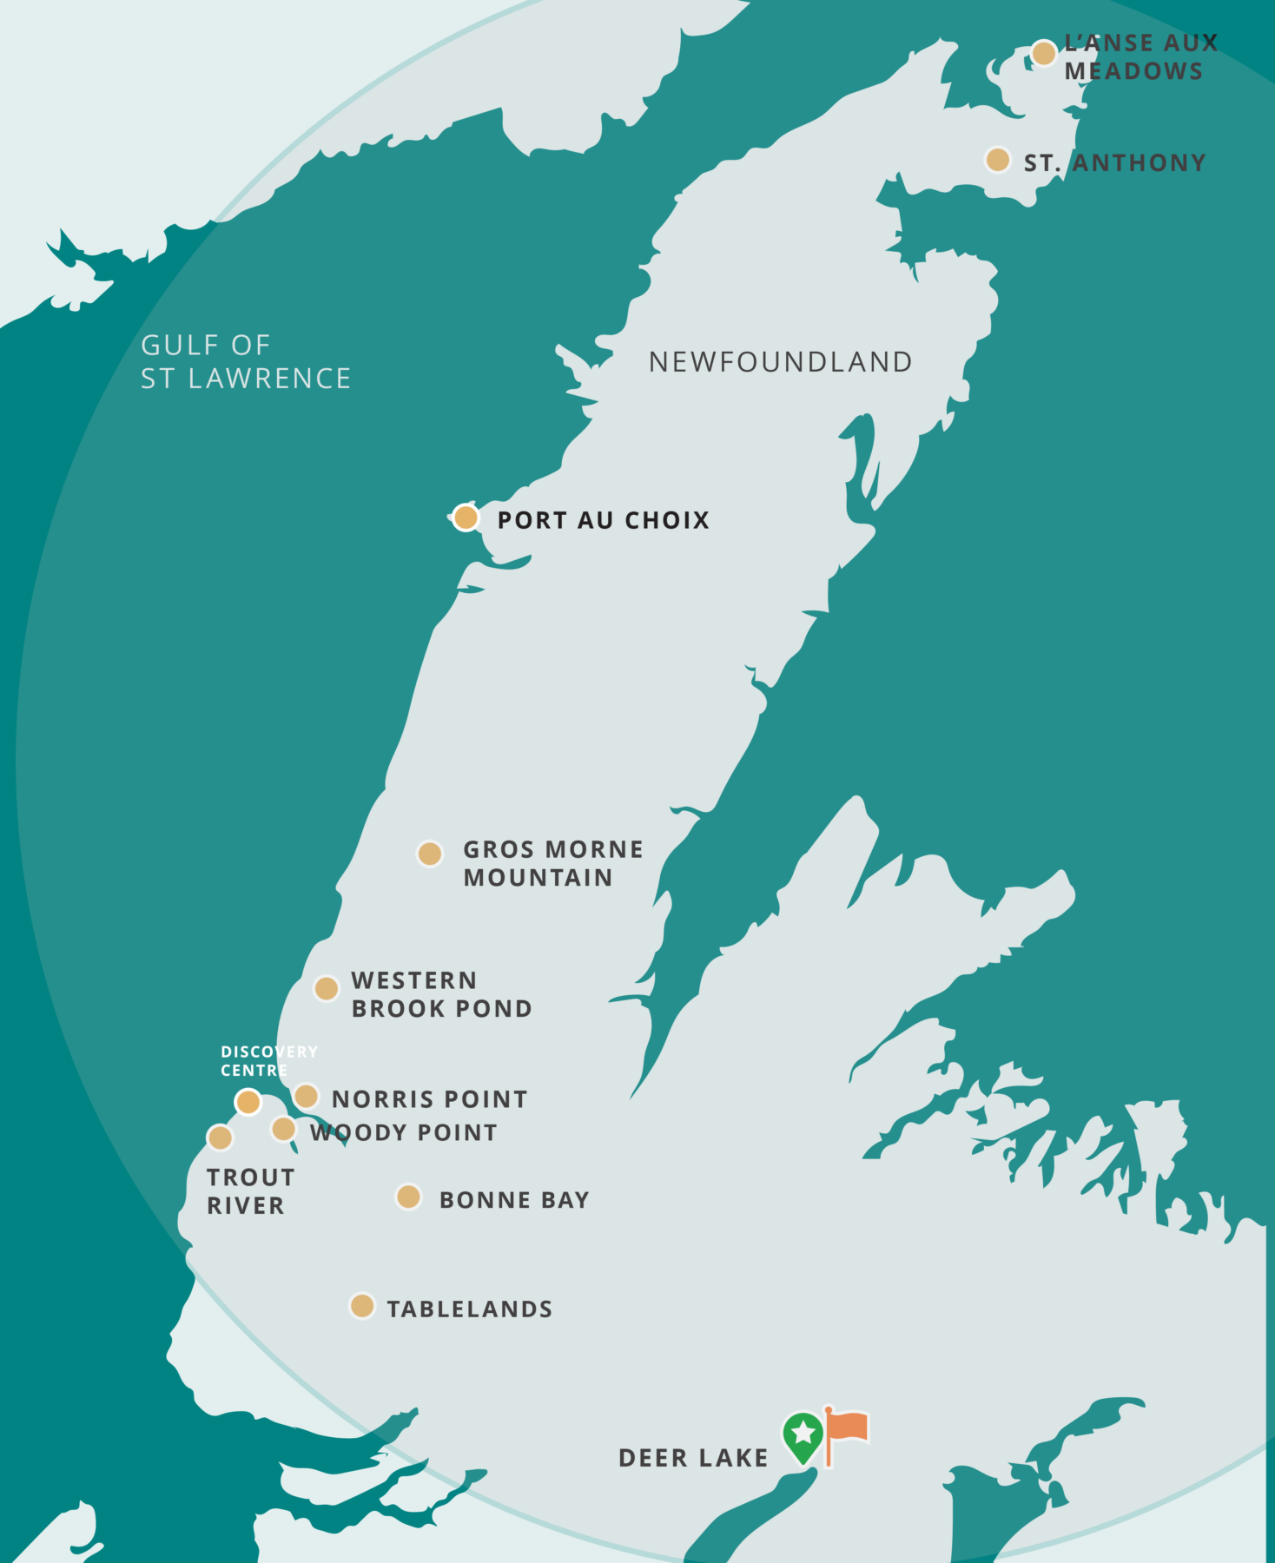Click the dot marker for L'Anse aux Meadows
point(1043,53)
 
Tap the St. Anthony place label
point(1114,162)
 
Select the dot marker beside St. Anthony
point(998,160)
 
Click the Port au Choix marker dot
point(466,518)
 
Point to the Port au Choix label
point(603,520)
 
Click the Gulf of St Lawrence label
point(245,361)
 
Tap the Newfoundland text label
point(780,362)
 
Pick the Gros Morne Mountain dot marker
point(429,854)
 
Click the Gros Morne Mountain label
point(552,863)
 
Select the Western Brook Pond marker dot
point(326,988)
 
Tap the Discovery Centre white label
point(268,1060)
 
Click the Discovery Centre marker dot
point(248,1102)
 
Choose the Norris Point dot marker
point(306,1096)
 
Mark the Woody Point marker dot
point(283,1129)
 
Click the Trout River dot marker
point(220,1138)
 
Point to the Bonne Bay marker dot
point(408,1197)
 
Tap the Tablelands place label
point(469,1309)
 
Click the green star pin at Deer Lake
point(803,1435)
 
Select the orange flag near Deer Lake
point(846,1429)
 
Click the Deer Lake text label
point(693,1458)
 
